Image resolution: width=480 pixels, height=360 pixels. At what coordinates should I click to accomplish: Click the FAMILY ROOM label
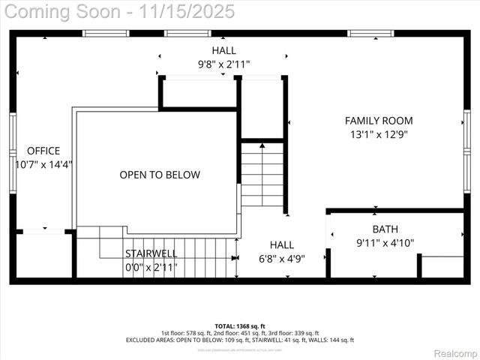tap(378, 120)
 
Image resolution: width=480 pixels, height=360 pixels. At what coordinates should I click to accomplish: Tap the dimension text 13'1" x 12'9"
tap(378, 135)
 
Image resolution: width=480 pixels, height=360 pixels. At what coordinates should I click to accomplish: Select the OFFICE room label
tap(43, 151)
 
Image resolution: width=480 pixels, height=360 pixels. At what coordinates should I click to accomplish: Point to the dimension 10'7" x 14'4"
tap(43, 164)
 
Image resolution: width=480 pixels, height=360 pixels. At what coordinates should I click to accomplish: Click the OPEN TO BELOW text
tap(160, 175)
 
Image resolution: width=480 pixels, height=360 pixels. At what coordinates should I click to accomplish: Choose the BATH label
tap(385, 229)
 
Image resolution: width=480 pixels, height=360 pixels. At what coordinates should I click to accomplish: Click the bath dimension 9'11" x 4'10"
tap(385, 242)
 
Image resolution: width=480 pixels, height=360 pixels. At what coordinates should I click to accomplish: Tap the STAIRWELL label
tap(151, 253)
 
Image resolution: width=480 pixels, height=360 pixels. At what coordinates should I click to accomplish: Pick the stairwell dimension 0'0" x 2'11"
tap(151, 267)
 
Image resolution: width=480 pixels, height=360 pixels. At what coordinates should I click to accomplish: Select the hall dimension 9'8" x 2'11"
tap(223, 64)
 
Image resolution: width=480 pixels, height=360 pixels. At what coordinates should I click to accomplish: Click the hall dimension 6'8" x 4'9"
tap(282, 258)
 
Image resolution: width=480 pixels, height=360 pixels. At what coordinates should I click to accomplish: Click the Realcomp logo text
tap(451, 352)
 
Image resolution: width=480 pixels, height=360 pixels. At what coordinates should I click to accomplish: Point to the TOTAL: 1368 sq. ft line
tap(240, 326)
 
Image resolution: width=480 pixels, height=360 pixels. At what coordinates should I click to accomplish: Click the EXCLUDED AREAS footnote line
tap(240, 340)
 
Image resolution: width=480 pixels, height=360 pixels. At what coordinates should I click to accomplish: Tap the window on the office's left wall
tap(13, 154)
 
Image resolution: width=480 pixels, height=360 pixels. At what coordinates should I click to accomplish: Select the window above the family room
tap(370, 33)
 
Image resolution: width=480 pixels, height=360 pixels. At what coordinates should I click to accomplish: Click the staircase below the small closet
tap(262, 175)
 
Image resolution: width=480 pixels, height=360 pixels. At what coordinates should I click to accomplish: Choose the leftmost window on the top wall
tap(106, 33)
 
